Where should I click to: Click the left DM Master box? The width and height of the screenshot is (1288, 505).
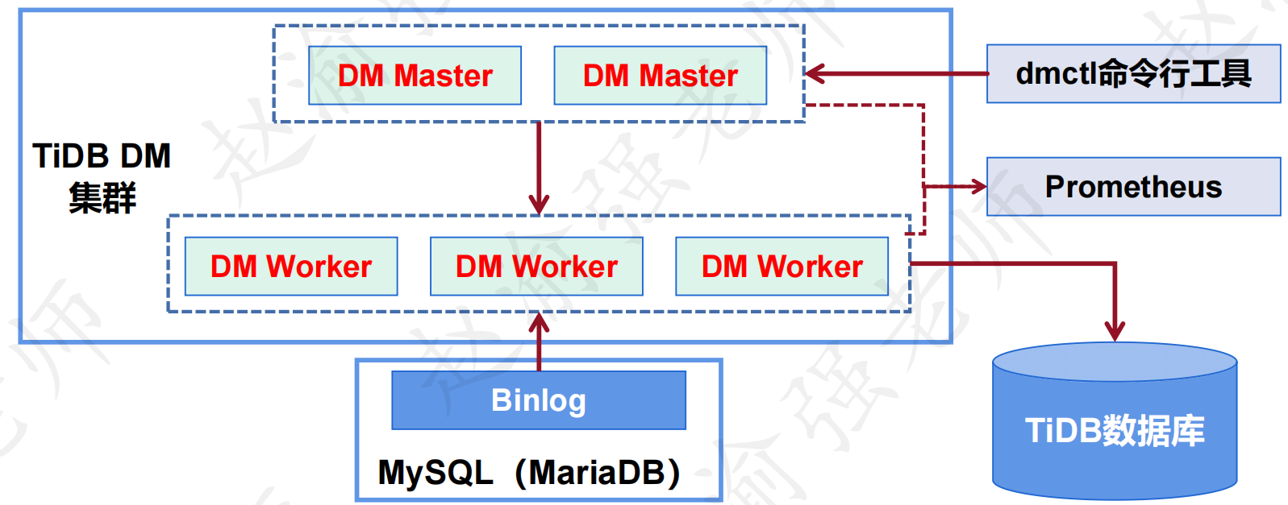coord(415,75)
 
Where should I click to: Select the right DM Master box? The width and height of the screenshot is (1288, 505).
coord(660,75)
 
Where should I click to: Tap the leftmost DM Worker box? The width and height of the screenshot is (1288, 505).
coord(291,266)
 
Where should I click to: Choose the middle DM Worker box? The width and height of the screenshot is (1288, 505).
coord(536,266)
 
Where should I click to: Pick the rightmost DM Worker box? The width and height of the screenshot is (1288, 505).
coord(782,266)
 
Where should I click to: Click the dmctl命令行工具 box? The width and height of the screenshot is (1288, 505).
coord(1133,73)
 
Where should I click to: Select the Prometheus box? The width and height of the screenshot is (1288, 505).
coord(1133,187)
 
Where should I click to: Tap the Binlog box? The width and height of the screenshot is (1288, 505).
coord(539,399)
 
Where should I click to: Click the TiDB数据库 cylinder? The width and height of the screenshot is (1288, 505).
coord(1115,421)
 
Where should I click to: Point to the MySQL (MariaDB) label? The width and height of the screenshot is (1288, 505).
coord(530,472)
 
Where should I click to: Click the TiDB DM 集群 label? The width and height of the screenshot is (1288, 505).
coord(102,177)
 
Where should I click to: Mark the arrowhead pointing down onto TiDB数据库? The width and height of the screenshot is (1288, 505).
coord(1115,332)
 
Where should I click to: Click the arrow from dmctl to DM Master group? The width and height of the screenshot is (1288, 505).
coord(897,73)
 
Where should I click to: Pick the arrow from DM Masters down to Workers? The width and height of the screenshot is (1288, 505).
coord(539,168)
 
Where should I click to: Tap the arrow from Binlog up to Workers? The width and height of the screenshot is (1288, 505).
coord(539,341)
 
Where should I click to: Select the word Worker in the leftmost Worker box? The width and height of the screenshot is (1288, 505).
coord(319,266)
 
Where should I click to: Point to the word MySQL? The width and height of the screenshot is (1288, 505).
coord(436,473)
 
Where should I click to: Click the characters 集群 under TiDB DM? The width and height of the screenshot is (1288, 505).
coord(102,197)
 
